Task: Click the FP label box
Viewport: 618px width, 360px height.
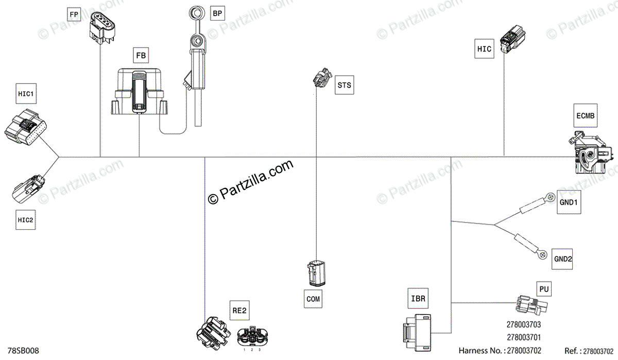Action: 75,14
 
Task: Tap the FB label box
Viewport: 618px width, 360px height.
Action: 141,55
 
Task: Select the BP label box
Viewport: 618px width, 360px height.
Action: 218,14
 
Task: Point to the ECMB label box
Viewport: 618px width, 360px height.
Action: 586,116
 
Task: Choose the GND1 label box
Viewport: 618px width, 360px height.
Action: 570,203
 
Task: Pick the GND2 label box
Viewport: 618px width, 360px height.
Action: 562,259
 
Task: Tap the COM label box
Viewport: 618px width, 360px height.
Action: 313,298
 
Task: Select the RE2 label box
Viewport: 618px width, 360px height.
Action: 239,311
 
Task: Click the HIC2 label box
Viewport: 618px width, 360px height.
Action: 25,220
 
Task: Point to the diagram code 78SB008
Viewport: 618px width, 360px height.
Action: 24,351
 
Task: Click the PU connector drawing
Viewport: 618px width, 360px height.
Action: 530,306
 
